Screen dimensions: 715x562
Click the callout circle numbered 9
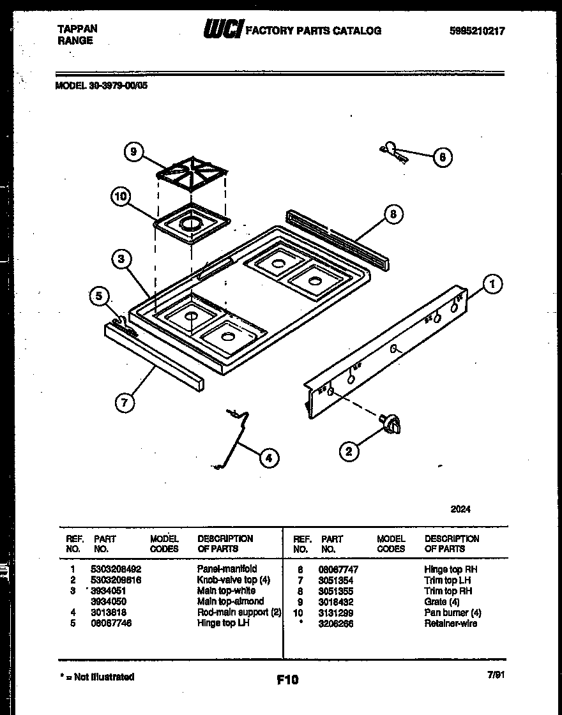[133, 152]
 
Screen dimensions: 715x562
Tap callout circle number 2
[349, 452]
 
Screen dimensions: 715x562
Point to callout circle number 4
[269, 457]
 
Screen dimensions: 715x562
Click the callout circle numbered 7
[125, 402]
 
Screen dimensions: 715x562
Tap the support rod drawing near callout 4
[234, 439]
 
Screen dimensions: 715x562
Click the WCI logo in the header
[223, 29]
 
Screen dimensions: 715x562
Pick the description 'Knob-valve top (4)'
[234, 580]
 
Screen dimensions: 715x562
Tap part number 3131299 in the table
[335, 613]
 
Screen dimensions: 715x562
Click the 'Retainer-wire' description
[450, 624]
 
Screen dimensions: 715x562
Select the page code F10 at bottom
[287, 680]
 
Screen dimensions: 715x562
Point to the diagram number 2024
[460, 509]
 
